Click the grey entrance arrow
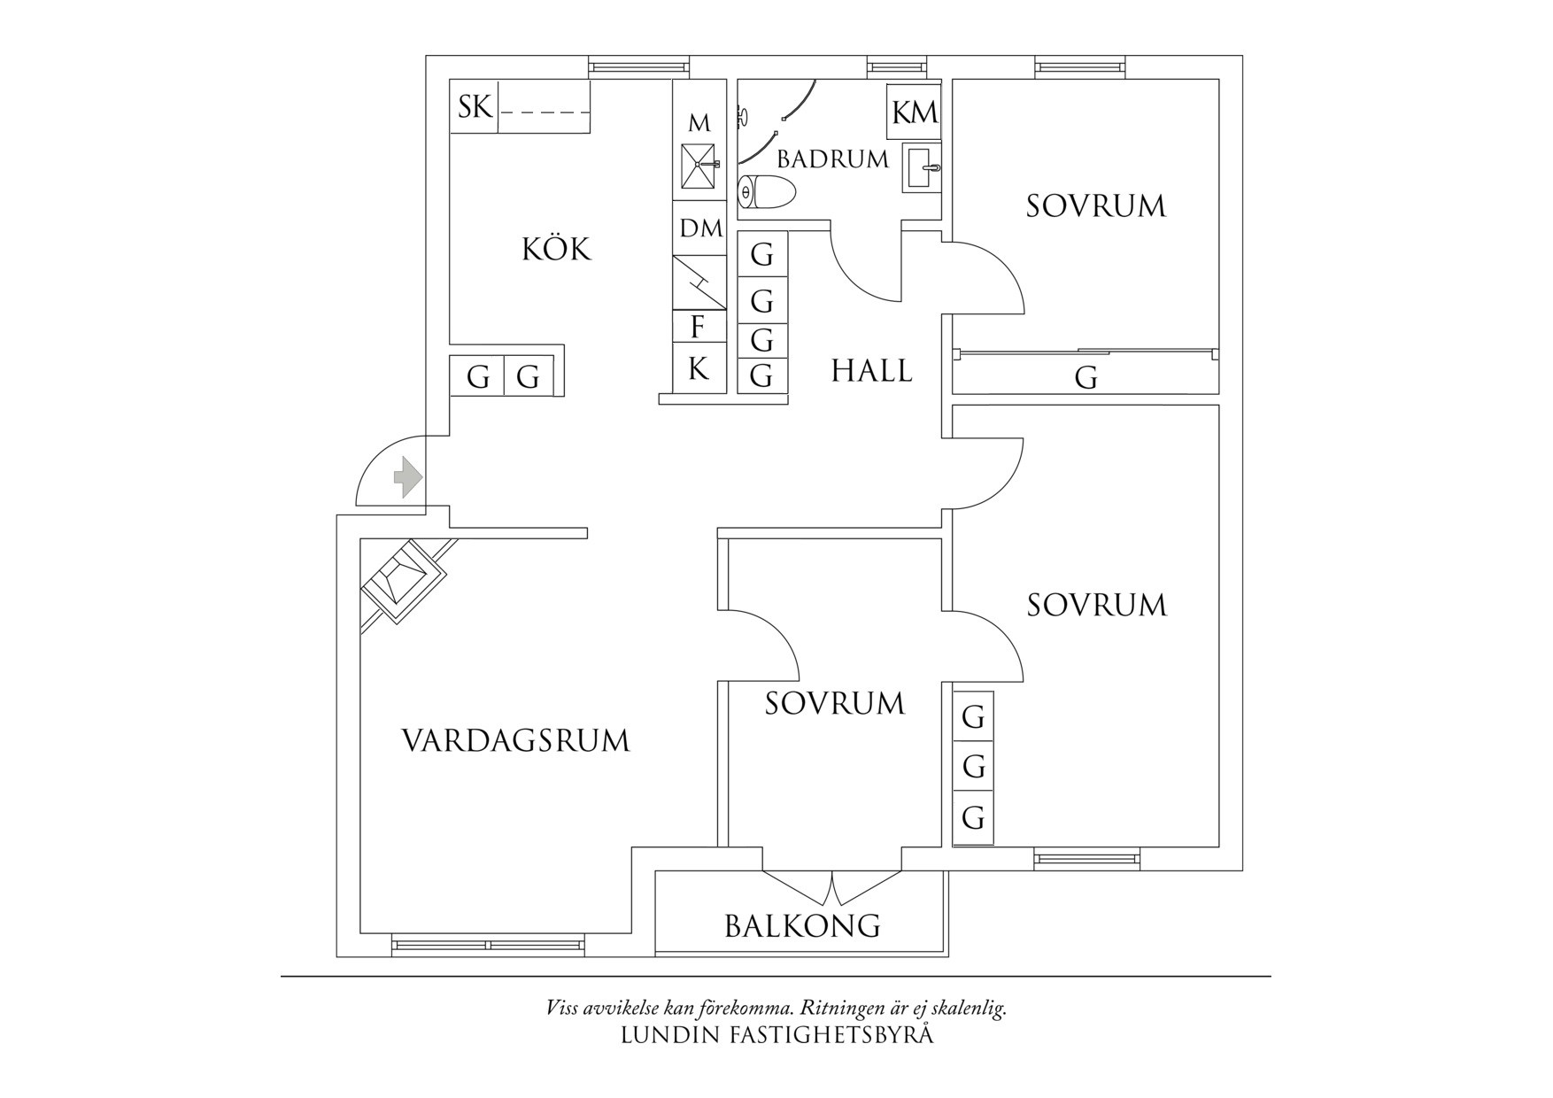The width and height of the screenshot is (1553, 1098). pos(407,476)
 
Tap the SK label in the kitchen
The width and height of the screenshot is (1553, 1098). pos(475,107)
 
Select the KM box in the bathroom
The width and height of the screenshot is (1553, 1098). pos(915,112)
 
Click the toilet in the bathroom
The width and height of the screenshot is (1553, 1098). pos(767,191)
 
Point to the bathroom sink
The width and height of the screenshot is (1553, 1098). pos(922,166)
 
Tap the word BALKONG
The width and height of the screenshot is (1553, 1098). pos(802,926)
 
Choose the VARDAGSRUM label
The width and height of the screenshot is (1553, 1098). pos(515,740)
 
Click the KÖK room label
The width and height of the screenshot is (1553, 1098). pos(556,250)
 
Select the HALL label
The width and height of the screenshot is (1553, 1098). pos(871,370)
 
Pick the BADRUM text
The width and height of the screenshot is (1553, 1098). pos(832,159)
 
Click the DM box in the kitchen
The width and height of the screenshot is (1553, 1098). pos(700,228)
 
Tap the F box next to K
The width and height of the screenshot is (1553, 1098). pos(699,327)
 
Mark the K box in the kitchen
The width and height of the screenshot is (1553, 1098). pos(699,368)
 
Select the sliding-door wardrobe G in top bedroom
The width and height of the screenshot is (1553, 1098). pos(1086,377)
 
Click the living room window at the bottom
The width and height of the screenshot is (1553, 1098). pos(489,946)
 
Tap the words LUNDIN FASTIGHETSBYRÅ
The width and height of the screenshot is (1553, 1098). pos(776,1034)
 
